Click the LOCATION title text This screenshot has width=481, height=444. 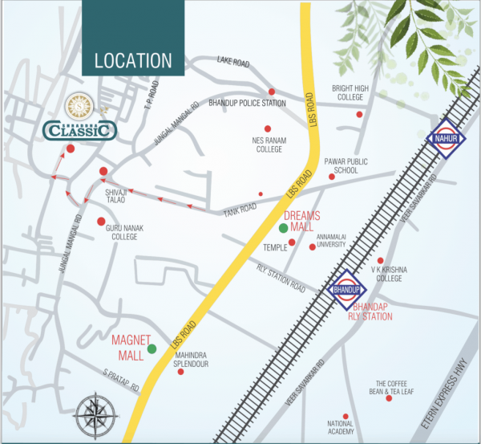point(133,60)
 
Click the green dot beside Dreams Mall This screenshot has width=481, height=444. point(283,229)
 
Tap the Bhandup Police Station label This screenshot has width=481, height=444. point(247,104)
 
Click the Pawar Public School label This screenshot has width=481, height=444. point(346,165)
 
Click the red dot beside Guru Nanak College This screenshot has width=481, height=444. point(101,221)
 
